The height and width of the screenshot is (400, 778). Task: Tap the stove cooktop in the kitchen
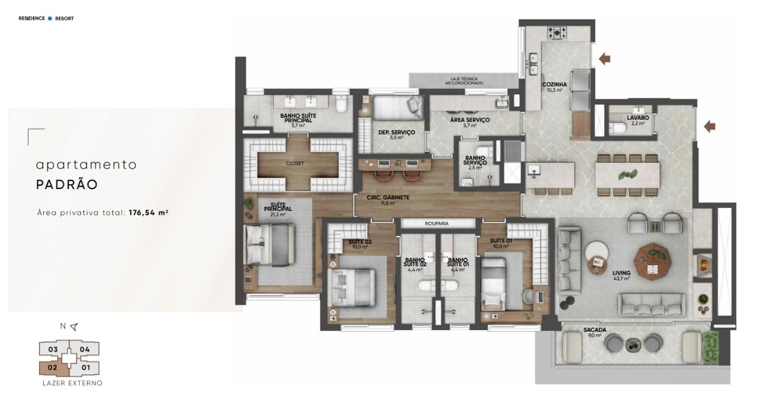557,33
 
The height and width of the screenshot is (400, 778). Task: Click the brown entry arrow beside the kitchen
605,59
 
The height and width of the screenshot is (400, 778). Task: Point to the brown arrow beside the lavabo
710,126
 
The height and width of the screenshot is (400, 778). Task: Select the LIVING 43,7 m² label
622,275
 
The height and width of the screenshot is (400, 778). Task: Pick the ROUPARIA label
436,224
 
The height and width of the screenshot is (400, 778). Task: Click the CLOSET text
295,163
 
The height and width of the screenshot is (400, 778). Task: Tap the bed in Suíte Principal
270,244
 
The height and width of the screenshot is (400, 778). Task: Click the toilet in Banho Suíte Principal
341,104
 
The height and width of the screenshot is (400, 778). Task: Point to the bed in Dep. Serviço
398,108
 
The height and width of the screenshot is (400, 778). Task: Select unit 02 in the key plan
53,367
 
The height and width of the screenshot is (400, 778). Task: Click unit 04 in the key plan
85,350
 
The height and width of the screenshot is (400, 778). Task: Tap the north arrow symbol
74,326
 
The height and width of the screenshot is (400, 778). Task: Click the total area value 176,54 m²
149,213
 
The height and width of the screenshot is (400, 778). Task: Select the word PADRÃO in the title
67,185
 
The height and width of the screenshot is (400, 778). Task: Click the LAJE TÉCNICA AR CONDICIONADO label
464,81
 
